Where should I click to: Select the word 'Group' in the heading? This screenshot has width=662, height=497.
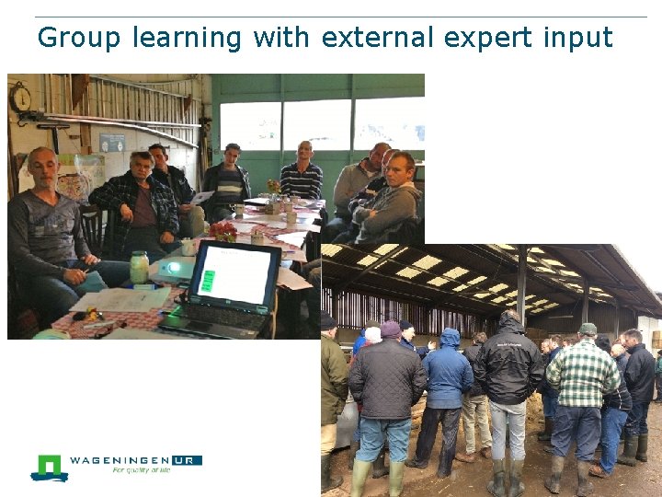click(x=79, y=38)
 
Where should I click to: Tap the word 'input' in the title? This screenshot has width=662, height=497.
click(x=577, y=38)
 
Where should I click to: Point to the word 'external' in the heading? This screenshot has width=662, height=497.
click(x=377, y=38)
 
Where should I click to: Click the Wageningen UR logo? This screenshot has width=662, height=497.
click(x=115, y=466)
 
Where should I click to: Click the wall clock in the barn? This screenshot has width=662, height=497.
click(x=20, y=98)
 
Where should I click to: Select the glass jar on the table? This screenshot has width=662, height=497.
click(x=139, y=268)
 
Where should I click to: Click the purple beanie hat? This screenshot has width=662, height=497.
click(x=391, y=329)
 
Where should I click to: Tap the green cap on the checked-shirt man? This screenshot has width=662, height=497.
click(x=588, y=329)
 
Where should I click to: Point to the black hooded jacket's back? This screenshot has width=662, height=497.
click(x=508, y=368)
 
